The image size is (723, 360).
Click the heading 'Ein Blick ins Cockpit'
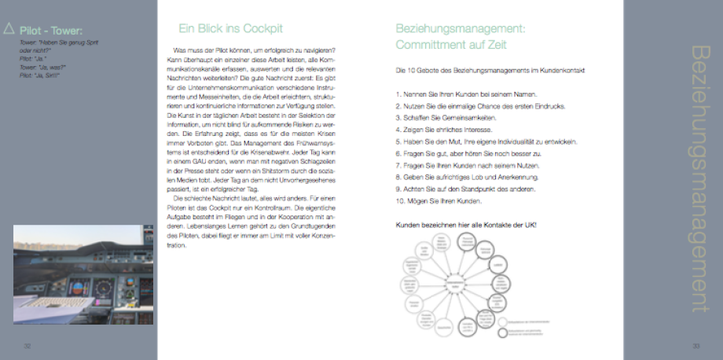click(230, 29)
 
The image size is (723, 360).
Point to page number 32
click(27, 346)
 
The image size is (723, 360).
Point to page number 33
click(696, 346)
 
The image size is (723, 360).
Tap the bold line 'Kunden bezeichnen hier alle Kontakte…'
click(467, 225)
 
